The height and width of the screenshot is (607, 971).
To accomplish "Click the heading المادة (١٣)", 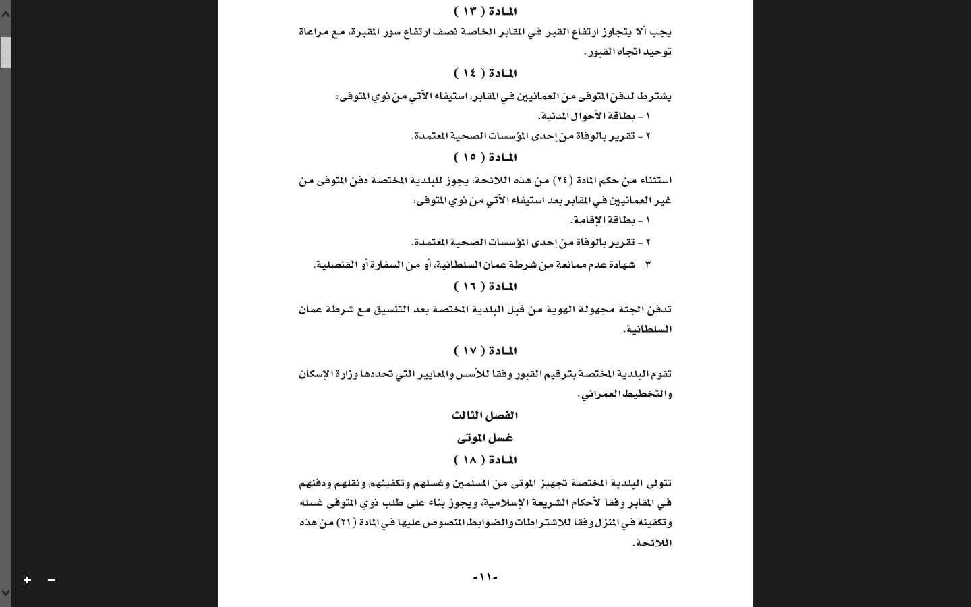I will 485,11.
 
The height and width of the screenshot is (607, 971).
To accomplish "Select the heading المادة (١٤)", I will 485,74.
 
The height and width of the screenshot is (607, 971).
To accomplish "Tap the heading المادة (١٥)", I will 485,158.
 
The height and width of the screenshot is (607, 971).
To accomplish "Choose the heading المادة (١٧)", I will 485,351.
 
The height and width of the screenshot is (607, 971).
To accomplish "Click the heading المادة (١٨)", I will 485,461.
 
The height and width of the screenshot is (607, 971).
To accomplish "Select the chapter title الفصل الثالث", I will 485,415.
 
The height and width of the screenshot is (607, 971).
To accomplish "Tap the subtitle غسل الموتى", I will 485,438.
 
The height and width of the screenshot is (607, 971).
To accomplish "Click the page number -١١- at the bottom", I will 485,577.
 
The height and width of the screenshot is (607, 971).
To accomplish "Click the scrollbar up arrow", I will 5,13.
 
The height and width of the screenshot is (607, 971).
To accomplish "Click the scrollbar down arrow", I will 5,593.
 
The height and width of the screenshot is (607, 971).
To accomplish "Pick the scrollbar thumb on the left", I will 5,53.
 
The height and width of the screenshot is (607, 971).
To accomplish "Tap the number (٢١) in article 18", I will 346,523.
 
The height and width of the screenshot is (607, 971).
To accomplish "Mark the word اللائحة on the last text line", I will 653,543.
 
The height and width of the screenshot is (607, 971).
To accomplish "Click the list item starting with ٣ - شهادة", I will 481,265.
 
